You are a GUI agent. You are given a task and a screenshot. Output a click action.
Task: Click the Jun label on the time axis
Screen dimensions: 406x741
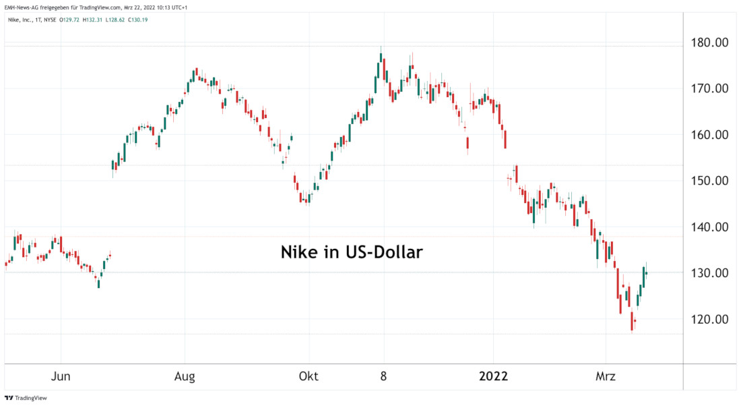(x=61, y=376)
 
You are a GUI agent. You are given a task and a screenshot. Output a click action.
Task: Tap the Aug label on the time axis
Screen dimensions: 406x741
(x=185, y=376)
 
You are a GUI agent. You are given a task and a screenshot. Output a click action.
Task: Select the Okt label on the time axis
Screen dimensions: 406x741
(x=309, y=376)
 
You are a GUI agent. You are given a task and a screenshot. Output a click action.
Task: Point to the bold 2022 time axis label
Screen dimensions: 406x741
(x=493, y=376)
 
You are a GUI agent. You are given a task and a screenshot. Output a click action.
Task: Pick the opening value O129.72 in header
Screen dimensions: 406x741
(x=69, y=20)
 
